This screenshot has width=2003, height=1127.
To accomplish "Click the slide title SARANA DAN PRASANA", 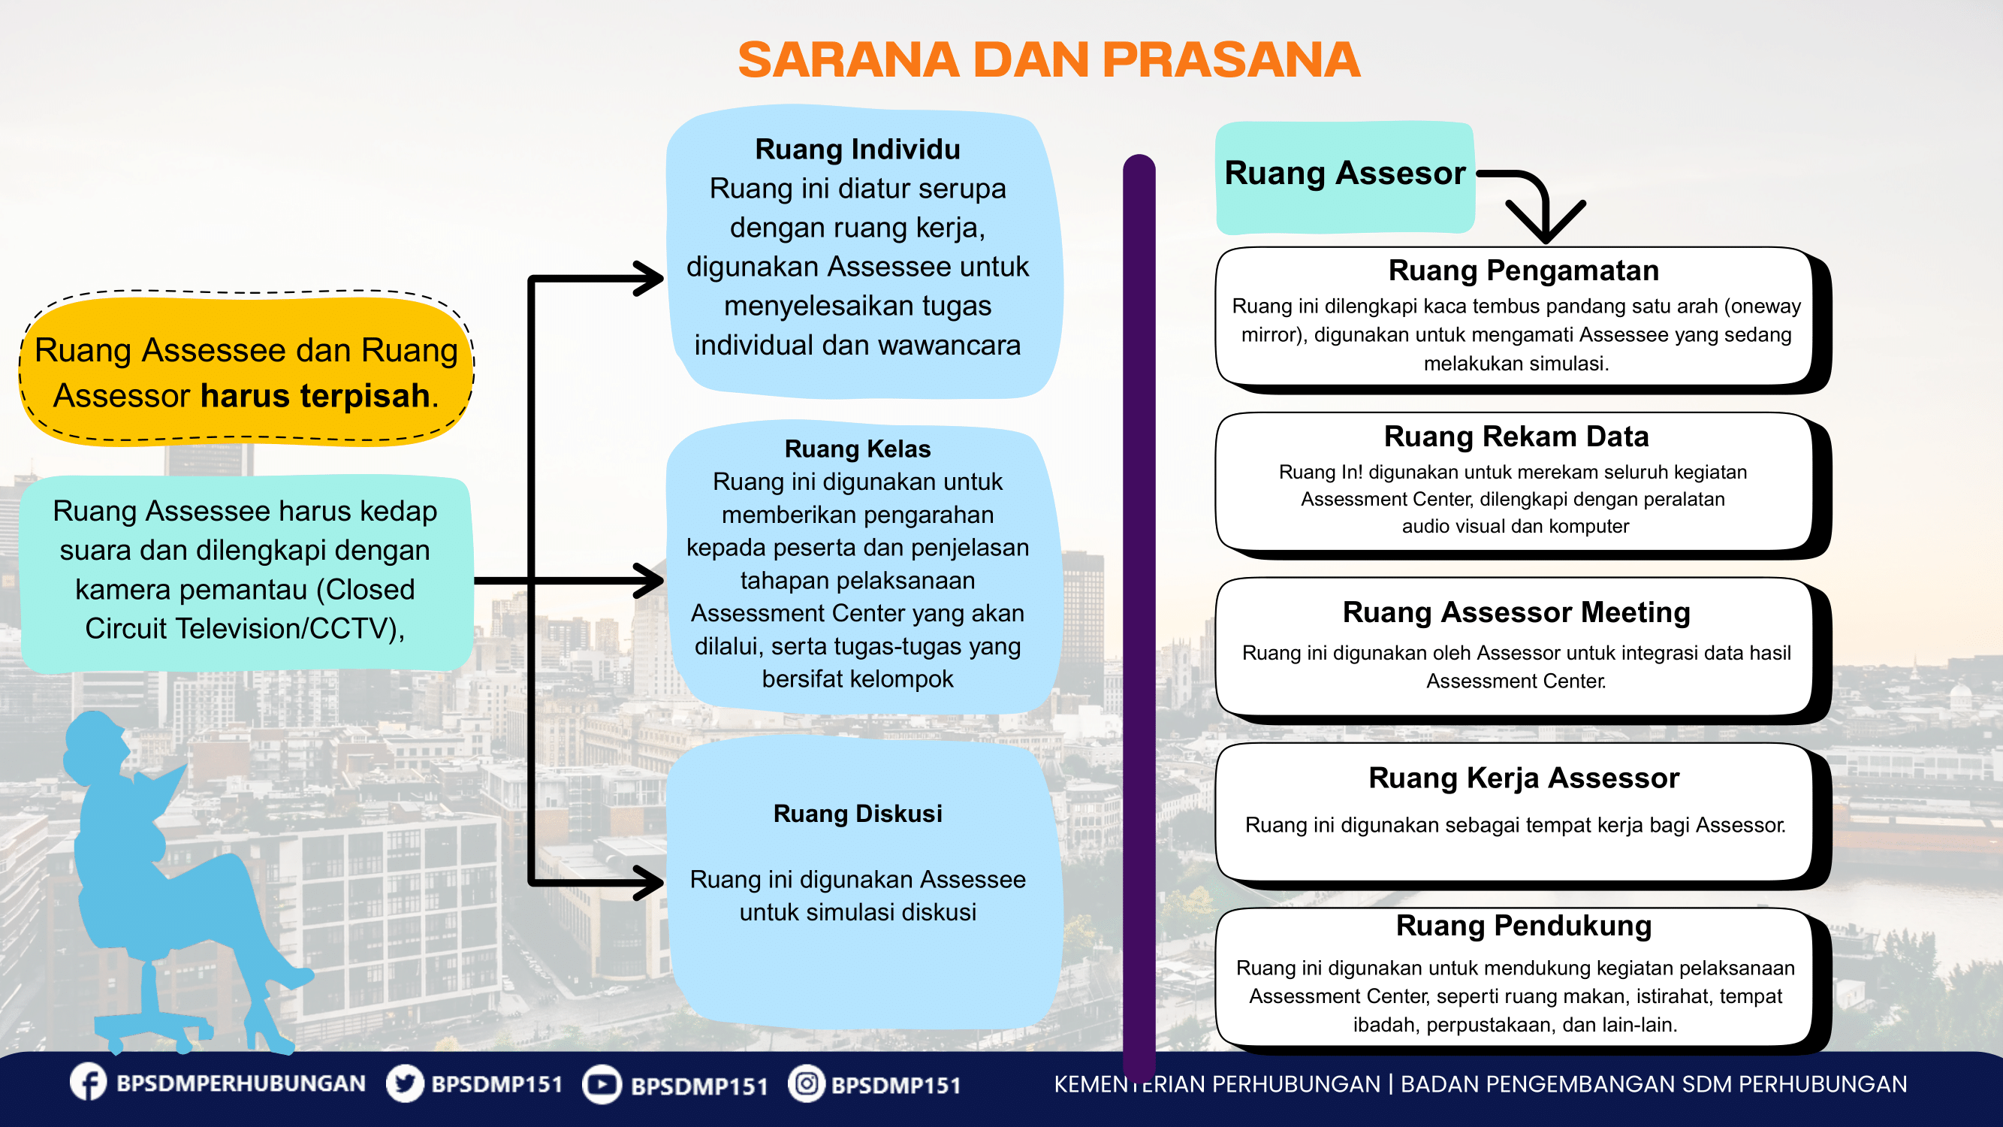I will click(1048, 60).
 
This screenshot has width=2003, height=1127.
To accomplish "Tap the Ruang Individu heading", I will click(858, 150).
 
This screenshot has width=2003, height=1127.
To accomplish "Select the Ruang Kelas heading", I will click(858, 449).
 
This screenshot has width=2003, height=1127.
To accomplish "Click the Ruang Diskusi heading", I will click(858, 814).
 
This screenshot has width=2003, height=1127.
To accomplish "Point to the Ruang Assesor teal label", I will click(1344, 174).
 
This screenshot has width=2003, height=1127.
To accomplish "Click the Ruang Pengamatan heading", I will click(1523, 270).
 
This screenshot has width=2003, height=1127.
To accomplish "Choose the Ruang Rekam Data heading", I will click(1516, 437).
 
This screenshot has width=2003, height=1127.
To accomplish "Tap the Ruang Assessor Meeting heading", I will click(1516, 612).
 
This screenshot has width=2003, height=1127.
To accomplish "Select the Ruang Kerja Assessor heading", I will click(1523, 778).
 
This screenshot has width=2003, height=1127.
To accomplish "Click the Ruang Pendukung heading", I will click(1523, 926).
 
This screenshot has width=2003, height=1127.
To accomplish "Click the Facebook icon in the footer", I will click(89, 1083).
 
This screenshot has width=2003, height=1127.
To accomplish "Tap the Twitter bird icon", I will click(405, 1083).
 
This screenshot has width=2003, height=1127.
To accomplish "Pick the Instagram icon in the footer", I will click(807, 1083).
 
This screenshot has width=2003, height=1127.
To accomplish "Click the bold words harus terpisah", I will click(315, 396).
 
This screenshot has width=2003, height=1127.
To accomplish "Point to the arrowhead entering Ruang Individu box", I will click(648, 279).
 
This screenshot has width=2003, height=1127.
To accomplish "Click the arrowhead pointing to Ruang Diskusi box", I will click(648, 882).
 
